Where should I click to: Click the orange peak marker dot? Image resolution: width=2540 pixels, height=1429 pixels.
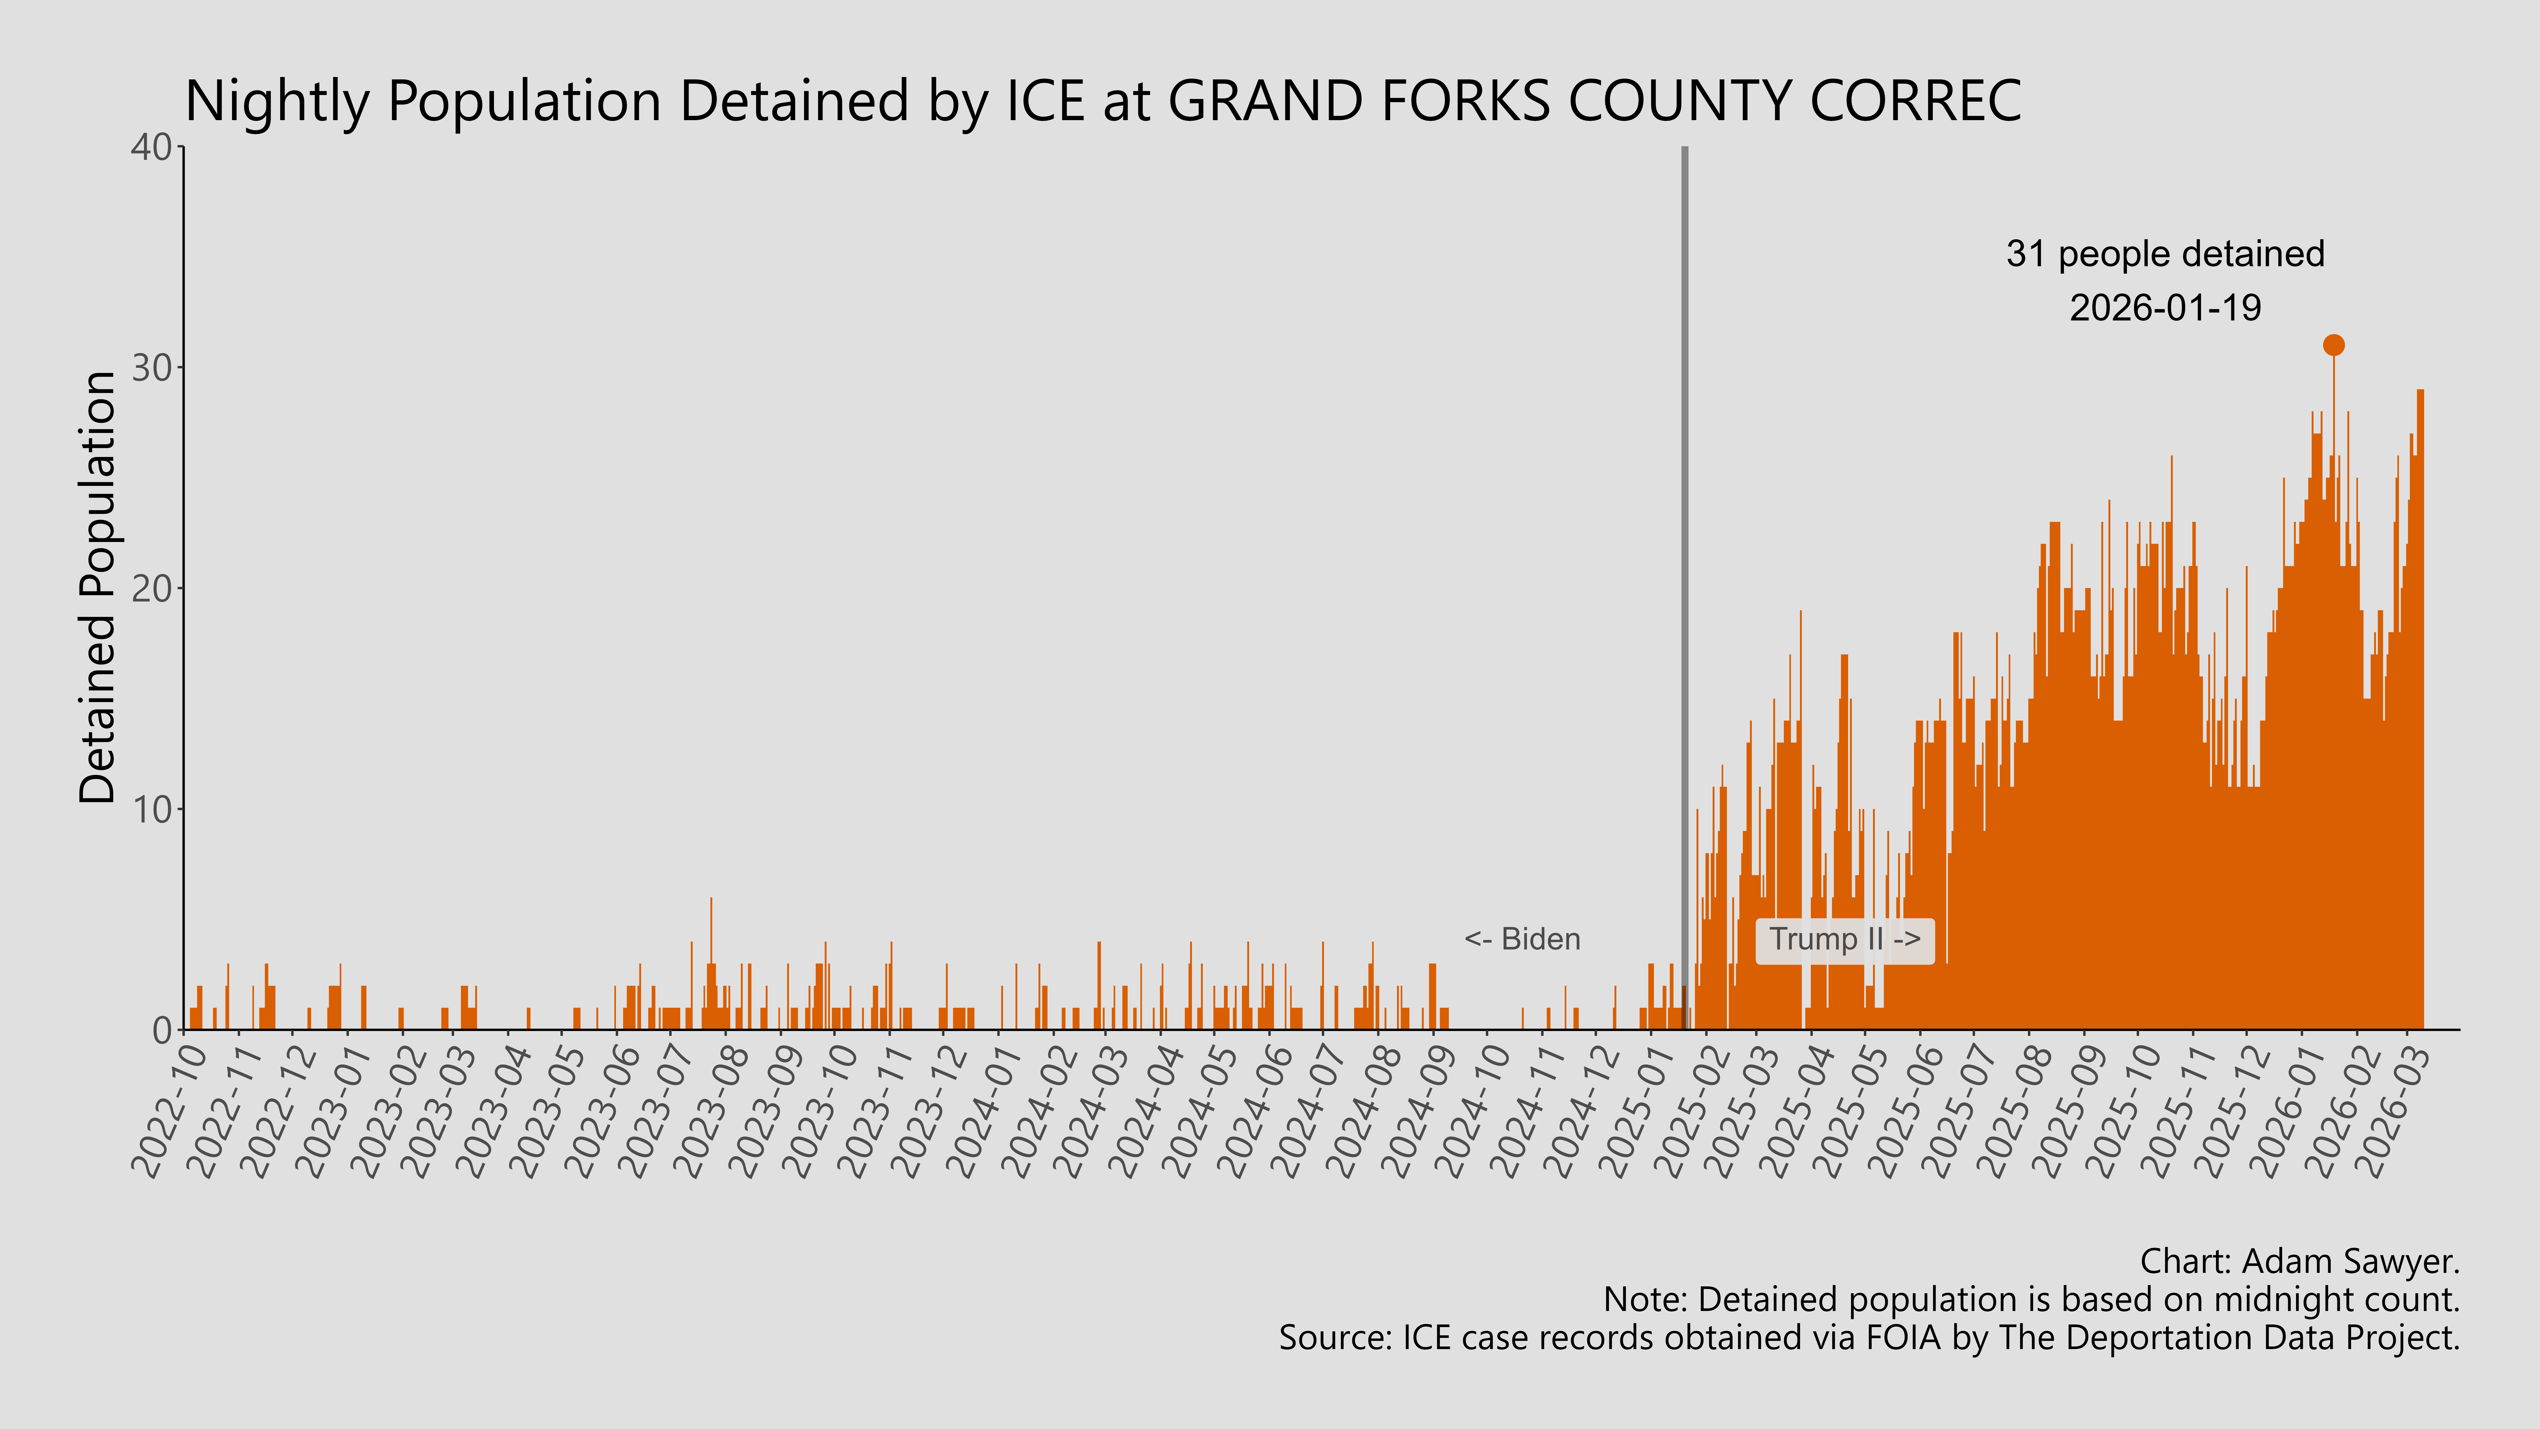point(2333,344)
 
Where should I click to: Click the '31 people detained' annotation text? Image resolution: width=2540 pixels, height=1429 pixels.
point(2165,254)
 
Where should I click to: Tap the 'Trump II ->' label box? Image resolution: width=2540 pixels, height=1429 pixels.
point(1844,940)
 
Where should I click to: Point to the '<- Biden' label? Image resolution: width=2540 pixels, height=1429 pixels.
point(1522,940)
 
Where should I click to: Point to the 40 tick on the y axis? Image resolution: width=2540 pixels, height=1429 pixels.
point(151,148)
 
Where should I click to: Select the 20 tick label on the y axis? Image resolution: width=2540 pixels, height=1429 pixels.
point(151,589)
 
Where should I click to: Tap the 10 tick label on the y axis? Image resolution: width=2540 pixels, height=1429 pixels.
point(151,810)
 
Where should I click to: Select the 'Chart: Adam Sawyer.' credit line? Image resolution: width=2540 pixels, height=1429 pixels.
point(2299,1261)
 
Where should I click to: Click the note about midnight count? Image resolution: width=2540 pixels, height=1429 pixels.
point(2031,1300)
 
